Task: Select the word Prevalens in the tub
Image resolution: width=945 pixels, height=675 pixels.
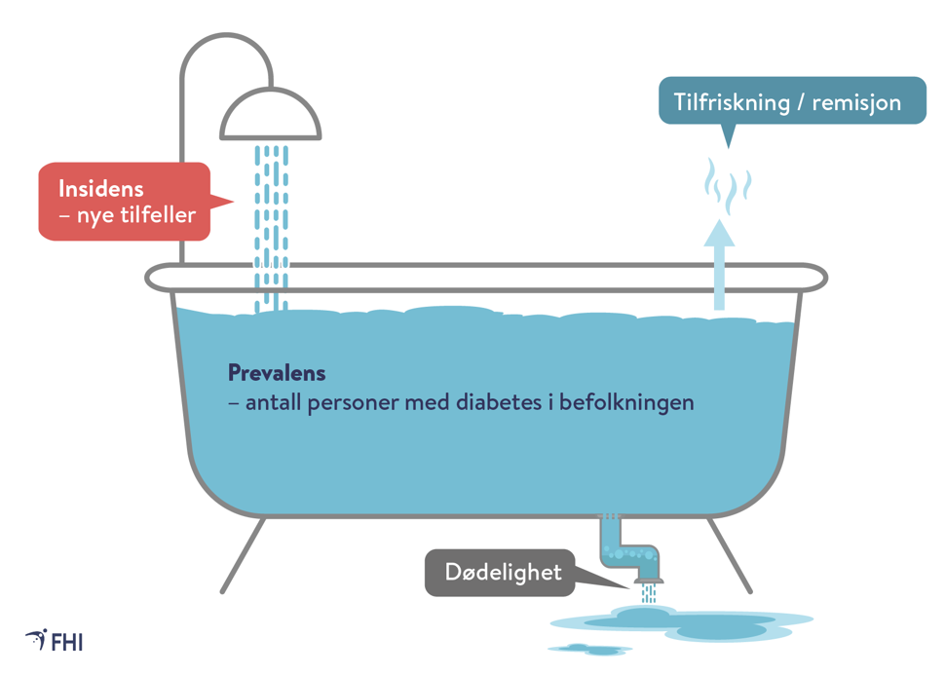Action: click(277, 373)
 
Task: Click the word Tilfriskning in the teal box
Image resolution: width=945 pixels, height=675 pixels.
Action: click(734, 102)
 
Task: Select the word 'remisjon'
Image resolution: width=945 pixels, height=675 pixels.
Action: click(858, 102)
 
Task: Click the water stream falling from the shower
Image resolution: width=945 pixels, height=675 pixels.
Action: click(272, 214)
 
